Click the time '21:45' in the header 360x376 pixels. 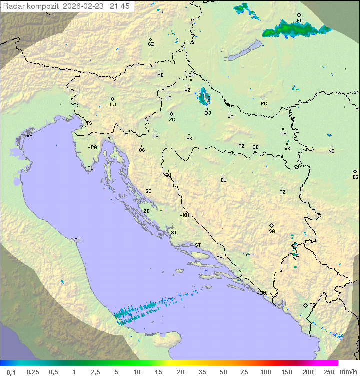click(x=120, y=6)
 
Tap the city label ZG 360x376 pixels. click(x=172, y=120)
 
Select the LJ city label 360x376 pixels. click(x=113, y=105)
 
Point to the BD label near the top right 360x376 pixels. click(x=299, y=21)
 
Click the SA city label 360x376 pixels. click(x=272, y=231)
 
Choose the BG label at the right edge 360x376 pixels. click(x=355, y=177)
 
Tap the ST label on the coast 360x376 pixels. click(x=198, y=245)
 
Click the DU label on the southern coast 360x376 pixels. click(x=262, y=293)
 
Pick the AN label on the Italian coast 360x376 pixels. click(x=77, y=240)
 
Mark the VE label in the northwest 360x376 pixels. click(x=29, y=136)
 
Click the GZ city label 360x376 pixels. click(x=151, y=44)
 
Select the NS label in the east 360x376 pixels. click(x=331, y=151)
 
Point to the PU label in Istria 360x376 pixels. click(x=90, y=168)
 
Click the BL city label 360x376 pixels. click(x=223, y=180)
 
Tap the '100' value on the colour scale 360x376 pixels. click(x=265, y=372)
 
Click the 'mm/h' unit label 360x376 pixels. click(x=347, y=372)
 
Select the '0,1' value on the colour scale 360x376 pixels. click(x=11, y=372)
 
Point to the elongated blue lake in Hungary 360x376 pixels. click(x=242, y=51)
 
